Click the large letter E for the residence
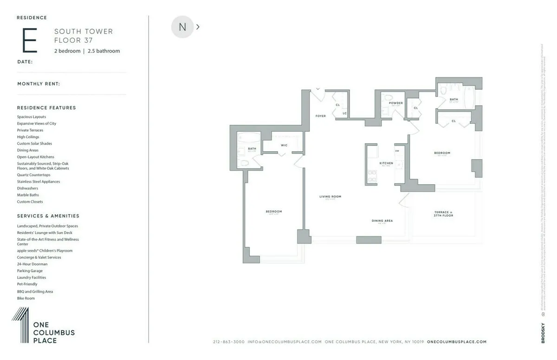pyautogui.click(x=30, y=41)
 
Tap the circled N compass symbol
pyautogui.click(x=182, y=27)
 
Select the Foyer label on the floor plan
pyautogui.click(x=321, y=116)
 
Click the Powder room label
pyautogui.click(x=396, y=103)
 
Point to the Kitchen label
pyautogui.click(x=386, y=163)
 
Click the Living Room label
pyautogui.click(x=330, y=197)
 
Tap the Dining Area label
pyautogui.click(x=382, y=221)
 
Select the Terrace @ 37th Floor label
pyautogui.click(x=443, y=214)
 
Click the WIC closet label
pyautogui.click(x=284, y=145)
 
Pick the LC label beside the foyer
pyautogui.click(x=344, y=113)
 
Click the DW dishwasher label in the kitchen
pyautogui.click(x=397, y=151)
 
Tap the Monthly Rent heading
pyautogui.click(x=39, y=84)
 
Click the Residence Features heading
pyautogui.click(x=46, y=108)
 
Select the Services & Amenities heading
pyautogui.click(x=48, y=216)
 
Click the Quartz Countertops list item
pyautogui.click(x=33, y=175)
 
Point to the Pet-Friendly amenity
pyautogui.click(x=27, y=284)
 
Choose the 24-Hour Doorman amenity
pyautogui.click(x=32, y=264)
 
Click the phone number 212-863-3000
pyautogui.click(x=228, y=342)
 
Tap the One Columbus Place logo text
pyautogui.click(x=53, y=333)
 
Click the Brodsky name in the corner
pyautogui.click(x=543, y=333)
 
